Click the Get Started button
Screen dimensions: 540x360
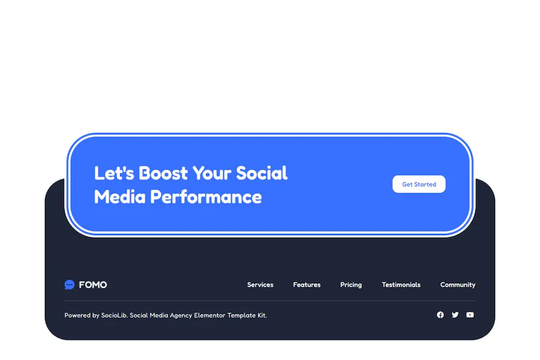point(419,184)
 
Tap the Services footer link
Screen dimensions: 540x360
point(260,285)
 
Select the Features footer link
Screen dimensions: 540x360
point(307,285)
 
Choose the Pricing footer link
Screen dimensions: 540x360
point(351,285)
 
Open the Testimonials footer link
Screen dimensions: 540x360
point(401,285)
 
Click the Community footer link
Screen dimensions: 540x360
point(458,285)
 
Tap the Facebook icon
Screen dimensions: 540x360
point(440,315)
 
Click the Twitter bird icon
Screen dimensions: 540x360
point(455,315)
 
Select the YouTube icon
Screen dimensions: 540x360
point(470,315)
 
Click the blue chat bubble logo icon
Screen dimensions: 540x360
point(69,284)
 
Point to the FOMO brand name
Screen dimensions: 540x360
point(92,285)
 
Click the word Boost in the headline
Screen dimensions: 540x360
point(163,173)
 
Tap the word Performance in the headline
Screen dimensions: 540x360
point(206,197)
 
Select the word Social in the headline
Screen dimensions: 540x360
point(262,173)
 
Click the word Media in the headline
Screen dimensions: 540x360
point(119,197)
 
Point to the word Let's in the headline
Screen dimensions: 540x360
point(114,173)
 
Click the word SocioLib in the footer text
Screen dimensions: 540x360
point(114,315)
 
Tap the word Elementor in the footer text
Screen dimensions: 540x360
point(209,315)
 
